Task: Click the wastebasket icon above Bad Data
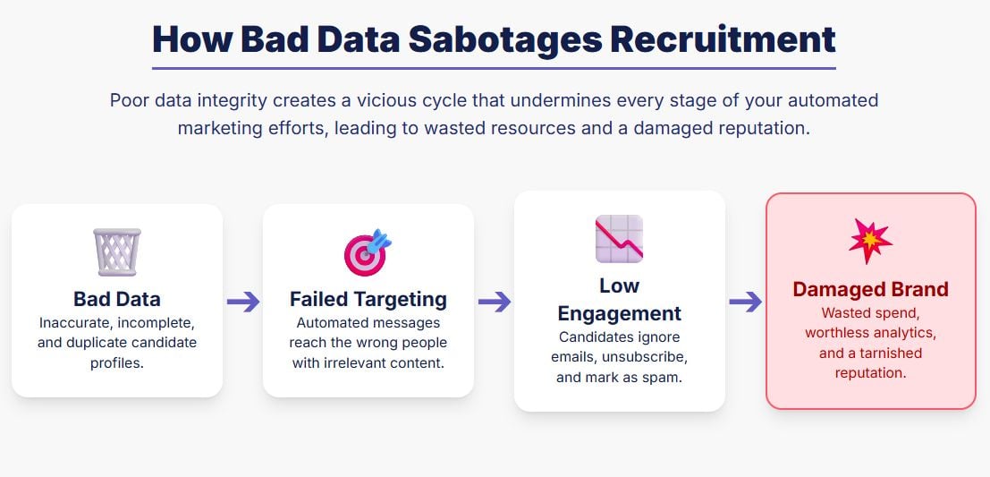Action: point(117,252)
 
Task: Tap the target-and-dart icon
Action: point(368,252)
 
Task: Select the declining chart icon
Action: point(620,239)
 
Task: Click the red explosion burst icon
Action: point(871,242)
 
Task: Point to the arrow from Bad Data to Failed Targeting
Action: point(243,302)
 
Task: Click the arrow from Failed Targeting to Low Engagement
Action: point(495,302)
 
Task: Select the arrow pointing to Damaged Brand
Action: point(746,302)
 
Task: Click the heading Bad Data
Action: point(117,299)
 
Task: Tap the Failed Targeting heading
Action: point(368,299)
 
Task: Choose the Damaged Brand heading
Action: point(871,289)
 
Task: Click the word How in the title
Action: point(192,39)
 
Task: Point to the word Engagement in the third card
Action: point(620,313)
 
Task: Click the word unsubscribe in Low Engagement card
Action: point(645,358)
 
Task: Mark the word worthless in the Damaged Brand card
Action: point(837,333)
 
